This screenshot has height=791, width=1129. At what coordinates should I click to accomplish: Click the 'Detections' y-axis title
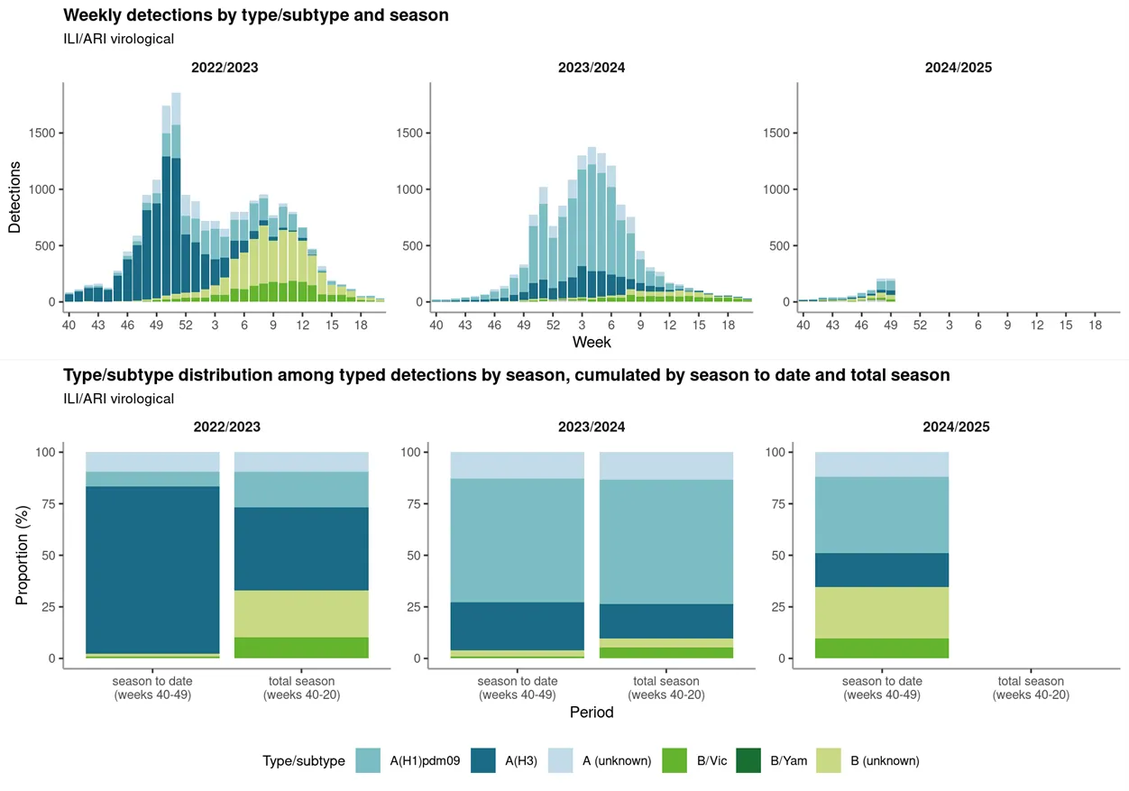point(15,198)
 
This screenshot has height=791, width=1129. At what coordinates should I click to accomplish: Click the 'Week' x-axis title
point(592,343)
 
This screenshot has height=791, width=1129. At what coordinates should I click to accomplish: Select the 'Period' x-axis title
point(592,713)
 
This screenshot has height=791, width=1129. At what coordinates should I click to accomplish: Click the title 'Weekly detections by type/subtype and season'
point(256,15)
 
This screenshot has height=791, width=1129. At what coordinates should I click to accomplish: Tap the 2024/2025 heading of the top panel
point(958,68)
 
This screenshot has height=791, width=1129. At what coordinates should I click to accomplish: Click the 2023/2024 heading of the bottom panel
point(592,427)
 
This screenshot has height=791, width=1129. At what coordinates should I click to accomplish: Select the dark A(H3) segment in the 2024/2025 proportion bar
point(882,570)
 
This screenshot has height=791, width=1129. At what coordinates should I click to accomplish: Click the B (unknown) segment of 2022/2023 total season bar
point(301,614)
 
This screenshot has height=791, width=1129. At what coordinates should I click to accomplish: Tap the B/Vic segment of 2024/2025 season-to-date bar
point(882,648)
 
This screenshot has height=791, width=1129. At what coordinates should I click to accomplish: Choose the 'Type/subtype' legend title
point(304,761)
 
